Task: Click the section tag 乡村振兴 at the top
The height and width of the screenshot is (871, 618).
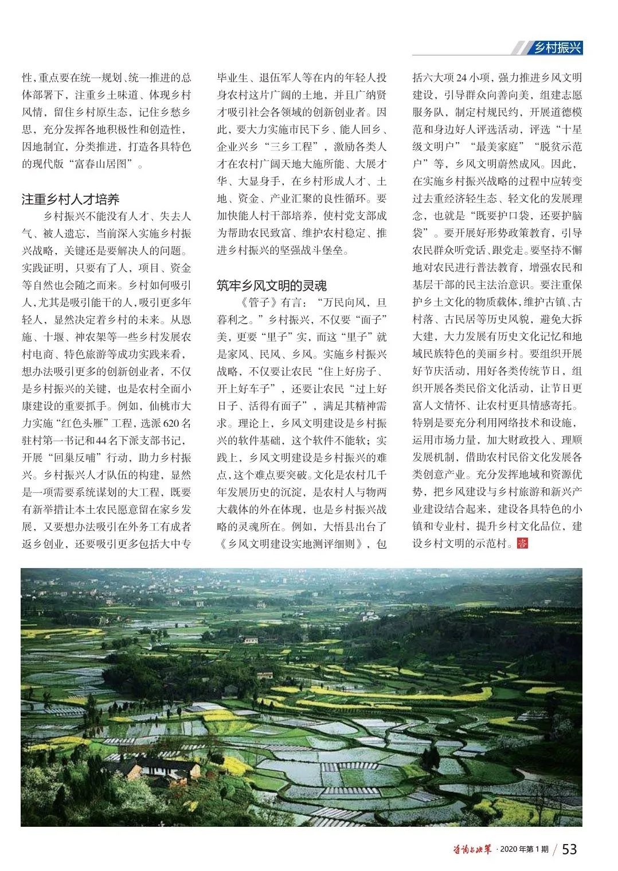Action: click(x=557, y=48)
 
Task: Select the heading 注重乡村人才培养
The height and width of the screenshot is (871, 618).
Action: click(x=71, y=200)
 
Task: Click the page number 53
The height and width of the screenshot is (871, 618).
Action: click(x=569, y=849)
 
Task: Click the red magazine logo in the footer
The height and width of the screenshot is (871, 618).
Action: click(x=470, y=849)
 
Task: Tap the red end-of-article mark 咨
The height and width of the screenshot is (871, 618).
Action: click(x=522, y=542)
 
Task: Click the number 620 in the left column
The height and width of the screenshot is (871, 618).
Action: click(x=172, y=424)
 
